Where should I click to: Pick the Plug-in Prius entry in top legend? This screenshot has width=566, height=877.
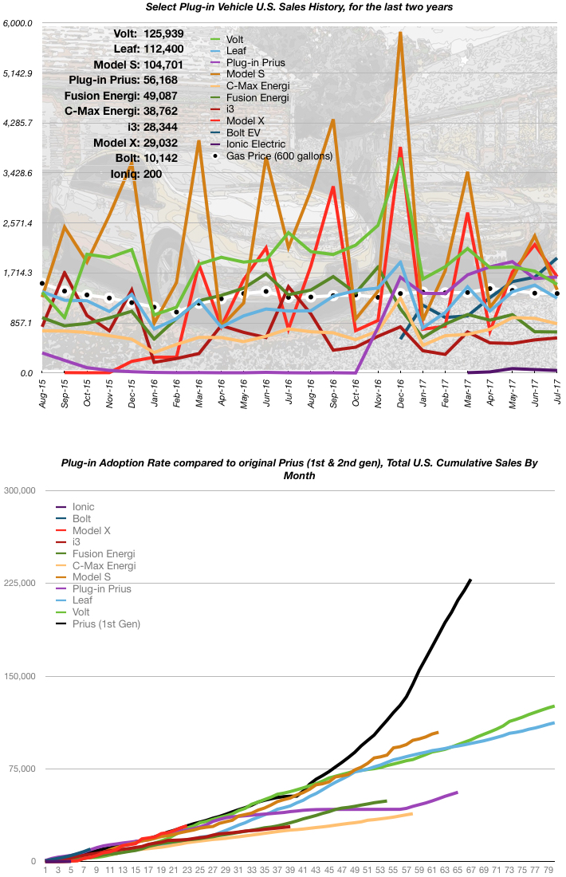click(x=255, y=61)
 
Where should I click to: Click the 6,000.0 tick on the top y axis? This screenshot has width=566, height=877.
click(x=18, y=23)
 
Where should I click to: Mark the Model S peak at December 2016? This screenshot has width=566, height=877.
click(x=400, y=33)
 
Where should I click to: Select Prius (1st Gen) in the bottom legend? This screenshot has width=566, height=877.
click(x=107, y=623)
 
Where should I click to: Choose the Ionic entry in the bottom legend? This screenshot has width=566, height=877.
click(x=83, y=506)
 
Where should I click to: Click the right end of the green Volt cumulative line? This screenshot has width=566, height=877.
click(x=553, y=706)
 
